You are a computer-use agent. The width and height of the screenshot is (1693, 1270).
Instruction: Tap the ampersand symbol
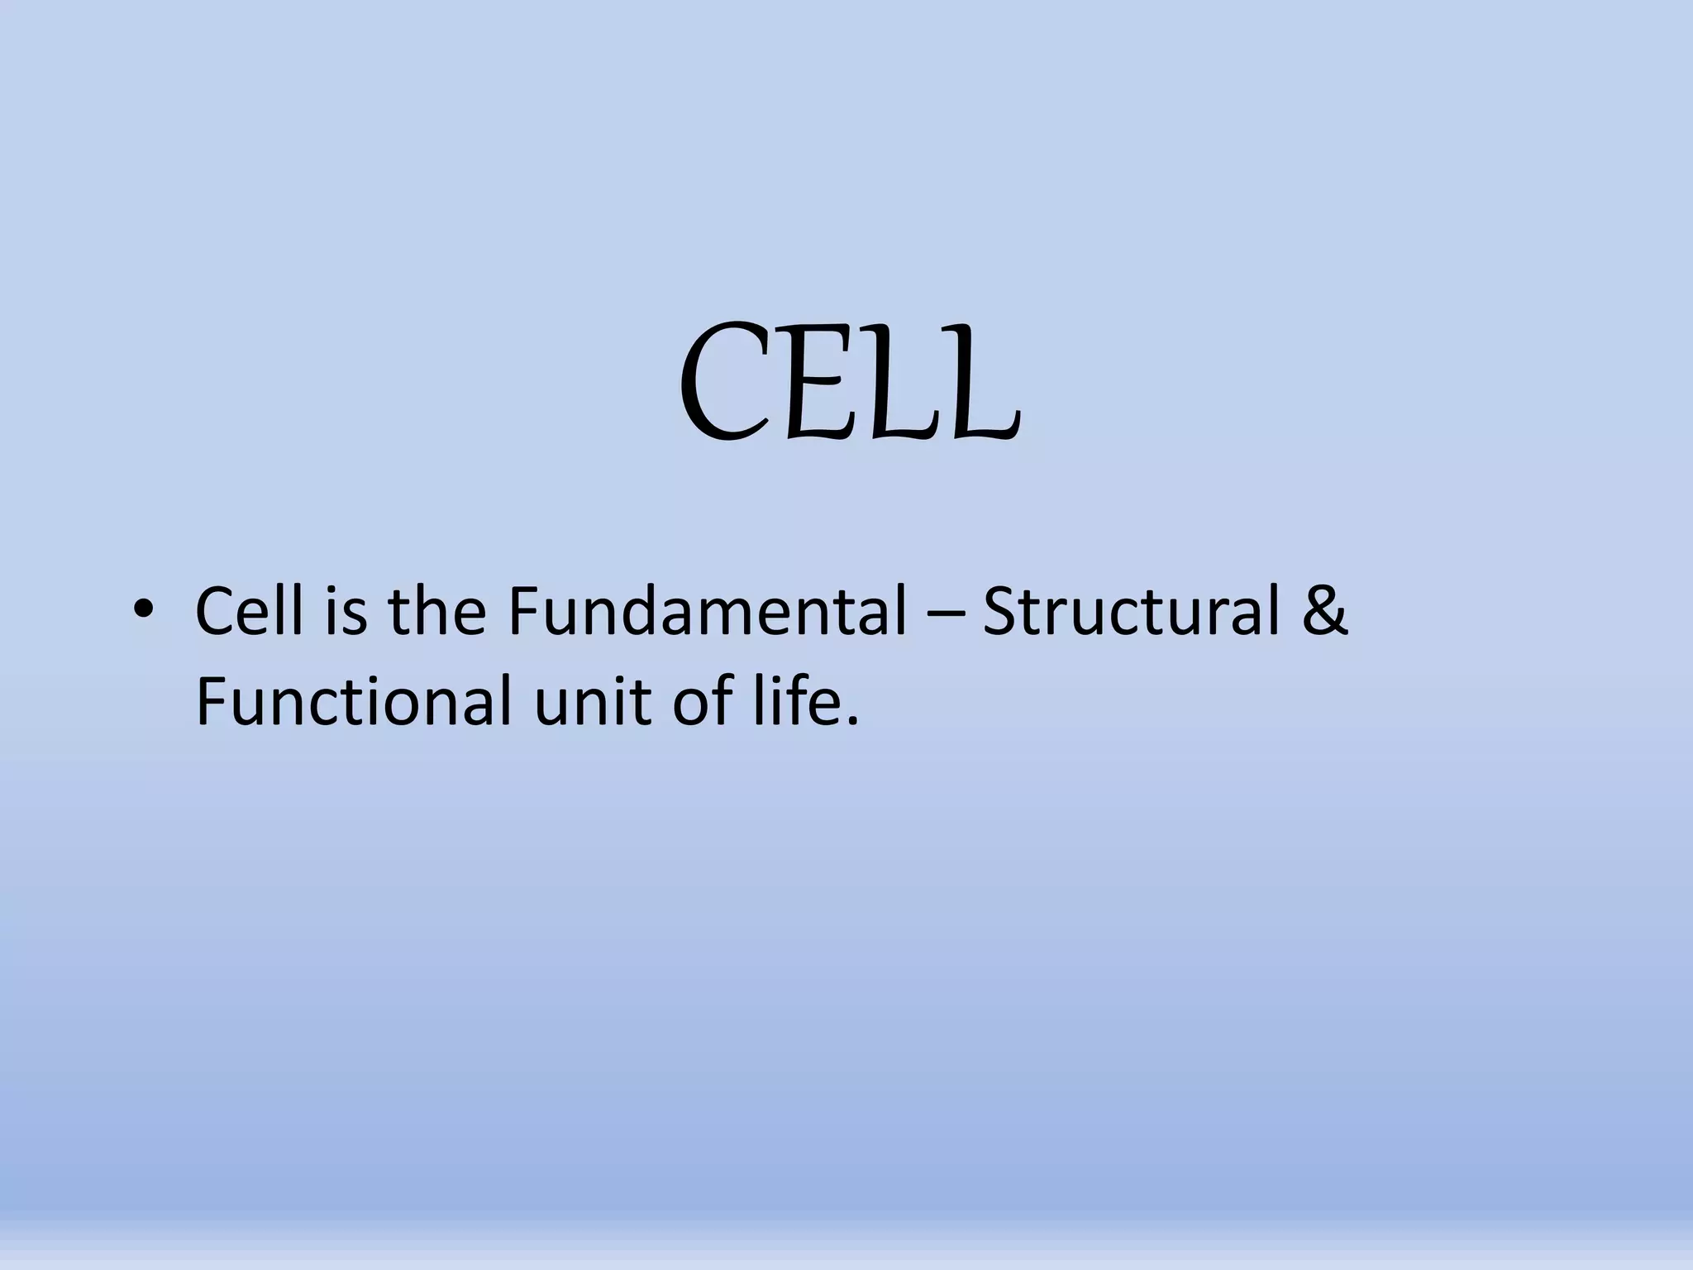[x=1325, y=612]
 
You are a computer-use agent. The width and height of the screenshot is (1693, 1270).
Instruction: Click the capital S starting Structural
[x=1002, y=612]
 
